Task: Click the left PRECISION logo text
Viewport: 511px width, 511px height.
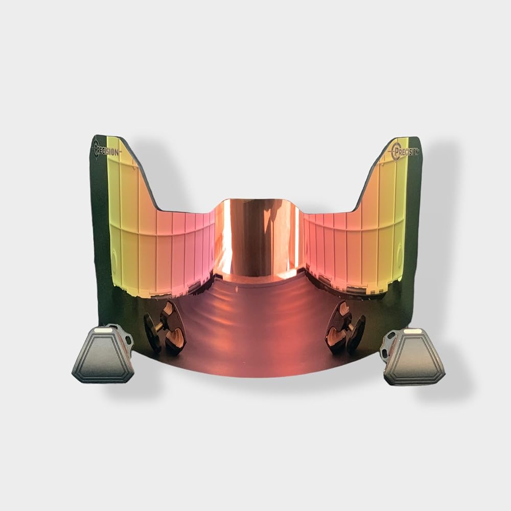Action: (x=108, y=151)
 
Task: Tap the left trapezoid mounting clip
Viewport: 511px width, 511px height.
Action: (x=103, y=354)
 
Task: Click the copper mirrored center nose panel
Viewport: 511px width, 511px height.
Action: (x=258, y=238)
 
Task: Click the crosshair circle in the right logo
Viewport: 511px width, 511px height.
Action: (x=397, y=151)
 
